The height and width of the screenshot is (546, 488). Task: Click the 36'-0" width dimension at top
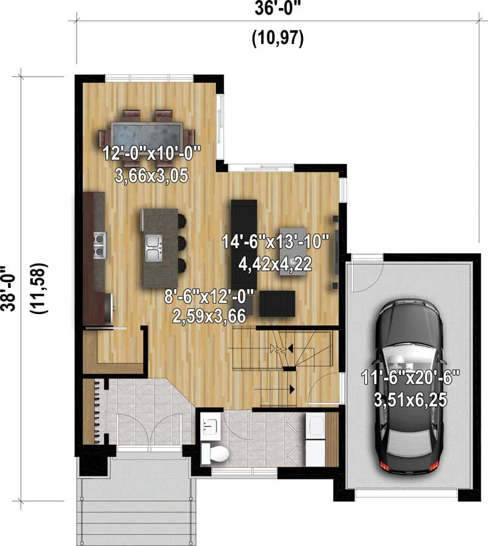(x=278, y=8)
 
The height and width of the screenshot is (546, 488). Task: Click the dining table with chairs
(x=147, y=135)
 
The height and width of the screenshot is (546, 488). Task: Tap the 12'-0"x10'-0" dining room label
(x=151, y=153)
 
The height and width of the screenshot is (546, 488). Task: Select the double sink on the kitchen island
(x=152, y=246)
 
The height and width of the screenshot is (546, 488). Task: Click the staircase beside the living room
(x=281, y=366)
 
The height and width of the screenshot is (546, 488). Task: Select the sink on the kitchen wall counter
(x=99, y=245)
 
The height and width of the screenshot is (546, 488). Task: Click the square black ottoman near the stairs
(x=277, y=303)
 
